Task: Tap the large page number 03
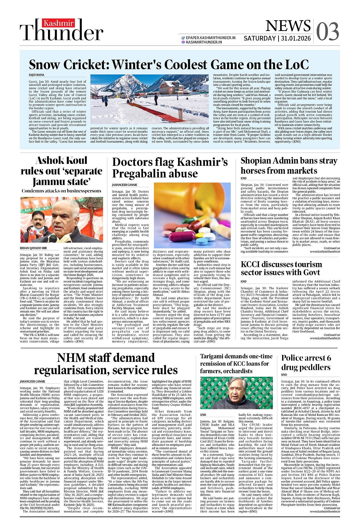tap(327, 32)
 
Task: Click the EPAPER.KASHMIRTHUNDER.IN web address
tap(211, 38)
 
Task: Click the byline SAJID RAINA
tap(37, 75)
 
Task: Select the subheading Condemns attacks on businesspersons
tap(62, 191)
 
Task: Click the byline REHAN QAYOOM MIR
tap(33, 248)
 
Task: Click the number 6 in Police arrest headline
tap(329, 358)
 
